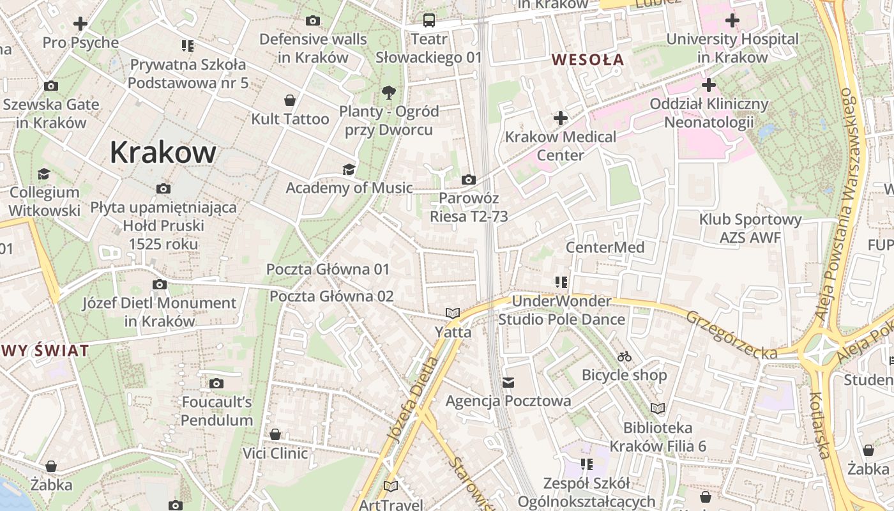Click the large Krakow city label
tap(163, 153)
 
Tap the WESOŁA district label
tap(587, 60)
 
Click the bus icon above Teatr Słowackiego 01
tap(428, 20)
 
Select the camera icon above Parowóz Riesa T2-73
tap(469, 180)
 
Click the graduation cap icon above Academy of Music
tap(349, 169)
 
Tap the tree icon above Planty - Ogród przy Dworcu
tap(388, 93)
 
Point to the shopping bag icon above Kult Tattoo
tap(290, 100)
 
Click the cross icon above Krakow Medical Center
tap(561, 118)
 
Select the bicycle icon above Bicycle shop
tap(625, 356)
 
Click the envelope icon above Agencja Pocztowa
tap(508, 383)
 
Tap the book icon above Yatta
tap(453, 313)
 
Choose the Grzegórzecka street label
tap(732, 335)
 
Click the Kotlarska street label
tap(819, 425)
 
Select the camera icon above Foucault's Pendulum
tap(216, 383)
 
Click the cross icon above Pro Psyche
tap(80, 24)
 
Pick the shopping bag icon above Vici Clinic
tap(275, 434)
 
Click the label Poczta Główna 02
tap(331, 296)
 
